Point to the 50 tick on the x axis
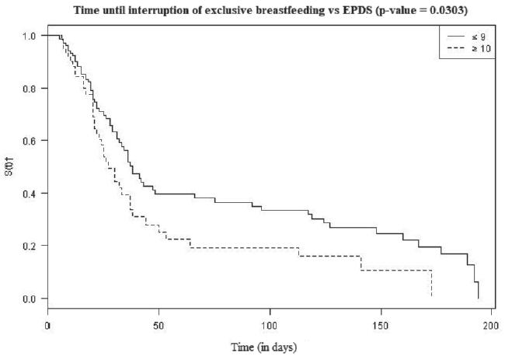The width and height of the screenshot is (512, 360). tap(159, 325)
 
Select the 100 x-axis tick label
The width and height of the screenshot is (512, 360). tap(270, 325)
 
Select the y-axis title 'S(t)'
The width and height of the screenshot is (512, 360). tap(9, 167)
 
